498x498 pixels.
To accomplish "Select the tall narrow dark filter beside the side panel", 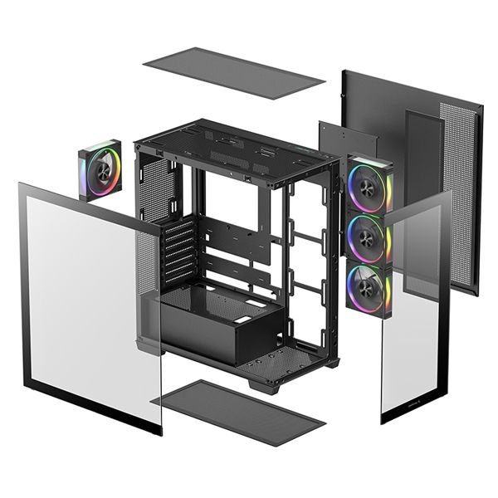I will click(423, 166).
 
